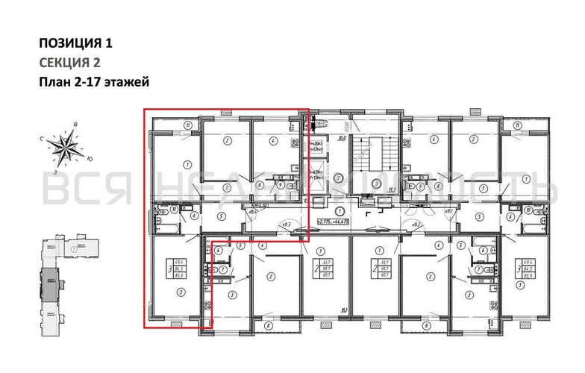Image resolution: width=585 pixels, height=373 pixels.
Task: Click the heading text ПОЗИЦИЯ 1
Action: click(77, 43)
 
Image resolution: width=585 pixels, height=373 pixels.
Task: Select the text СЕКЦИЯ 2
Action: click(69, 63)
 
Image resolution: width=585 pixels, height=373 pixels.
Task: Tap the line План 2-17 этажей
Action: click(94, 83)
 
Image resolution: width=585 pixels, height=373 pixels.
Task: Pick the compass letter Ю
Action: click(90, 158)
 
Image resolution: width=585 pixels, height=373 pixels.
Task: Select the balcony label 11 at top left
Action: click(190, 125)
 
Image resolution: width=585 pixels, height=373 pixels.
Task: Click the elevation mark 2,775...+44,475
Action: click(340, 222)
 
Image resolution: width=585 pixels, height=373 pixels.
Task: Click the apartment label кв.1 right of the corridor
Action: click(450, 212)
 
